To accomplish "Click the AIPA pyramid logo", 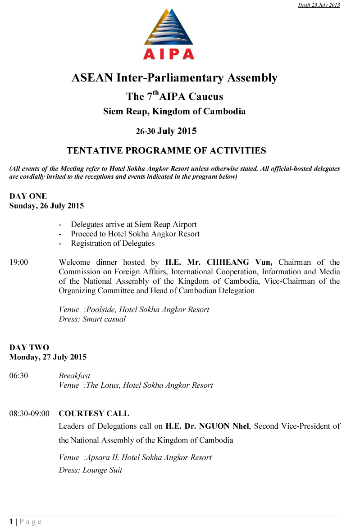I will pyautogui.click(x=169, y=34).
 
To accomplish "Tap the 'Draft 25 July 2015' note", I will pyautogui.click(x=319, y=5).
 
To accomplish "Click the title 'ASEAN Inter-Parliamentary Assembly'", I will pyautogui.click(x=174, y=78).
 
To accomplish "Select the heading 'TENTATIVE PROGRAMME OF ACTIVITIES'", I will pyautogui.click(x=166, y=150).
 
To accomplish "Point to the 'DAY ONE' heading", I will pyautogui.click(x=28, y=196).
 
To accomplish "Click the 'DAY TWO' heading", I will pyautogui.click(x=29, y=347).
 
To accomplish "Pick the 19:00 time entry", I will pyautogui.click(x=18, y=262).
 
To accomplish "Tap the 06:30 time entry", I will pyautogui.click(x=18, y=376).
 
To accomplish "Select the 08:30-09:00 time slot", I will pyautogui.click(x=29, y=413).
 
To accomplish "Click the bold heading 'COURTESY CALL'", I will pyautogui.click(x=94, y=413).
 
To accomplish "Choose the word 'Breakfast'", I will pyautogui.click(x=74, y=376).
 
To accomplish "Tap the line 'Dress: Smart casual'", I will pyautogui.click(x=92, y=319).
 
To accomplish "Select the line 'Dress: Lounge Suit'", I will pyautogui.click(x=91, y=470).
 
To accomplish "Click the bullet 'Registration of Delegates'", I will pyautogui.click(x=113, y=244).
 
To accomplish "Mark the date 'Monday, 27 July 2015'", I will pyautogui.click(x=48, y=357).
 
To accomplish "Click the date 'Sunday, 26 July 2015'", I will pyautogui.click(x=46, y=206).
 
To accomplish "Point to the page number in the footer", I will pyautogui.click(x=11, y=521).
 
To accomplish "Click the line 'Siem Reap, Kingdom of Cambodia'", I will pyautogui.click(x=174, y=111).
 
